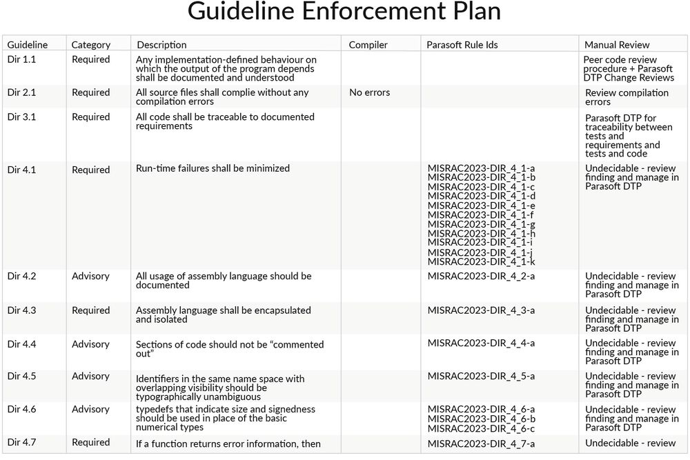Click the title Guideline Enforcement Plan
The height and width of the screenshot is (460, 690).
click(x=344, y=12)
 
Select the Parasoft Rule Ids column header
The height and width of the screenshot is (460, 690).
click(x=462, y=45)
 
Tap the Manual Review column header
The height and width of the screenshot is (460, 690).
click(x=617, y=45)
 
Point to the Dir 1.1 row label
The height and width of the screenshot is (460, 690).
click(x=21, y=60)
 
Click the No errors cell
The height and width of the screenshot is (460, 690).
click(x=369, y=92)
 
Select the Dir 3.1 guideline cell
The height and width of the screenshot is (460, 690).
click(x=21, y=117)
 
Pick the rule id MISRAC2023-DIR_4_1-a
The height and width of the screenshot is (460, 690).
click(x=481, y=168)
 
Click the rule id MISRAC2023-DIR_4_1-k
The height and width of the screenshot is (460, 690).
click(x=481, y=261)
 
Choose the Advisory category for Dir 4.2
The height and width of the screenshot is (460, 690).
click(x=90, y=276)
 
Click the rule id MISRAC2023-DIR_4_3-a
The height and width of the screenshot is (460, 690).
click(x=481, y=310)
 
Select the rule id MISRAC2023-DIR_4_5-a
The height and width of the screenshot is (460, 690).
click(x=481, y=377)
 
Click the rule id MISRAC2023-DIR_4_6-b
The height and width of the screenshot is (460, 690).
click(x=481, y=419)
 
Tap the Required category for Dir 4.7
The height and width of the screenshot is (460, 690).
click(x=90, y=443)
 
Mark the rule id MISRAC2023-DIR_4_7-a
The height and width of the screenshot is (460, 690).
click(x=481, y=443)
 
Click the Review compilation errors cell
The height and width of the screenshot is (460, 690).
click(x=627, y=97)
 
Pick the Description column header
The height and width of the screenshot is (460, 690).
click(x=161, y=45)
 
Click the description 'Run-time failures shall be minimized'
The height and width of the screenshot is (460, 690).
click(x=213, y=168)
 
